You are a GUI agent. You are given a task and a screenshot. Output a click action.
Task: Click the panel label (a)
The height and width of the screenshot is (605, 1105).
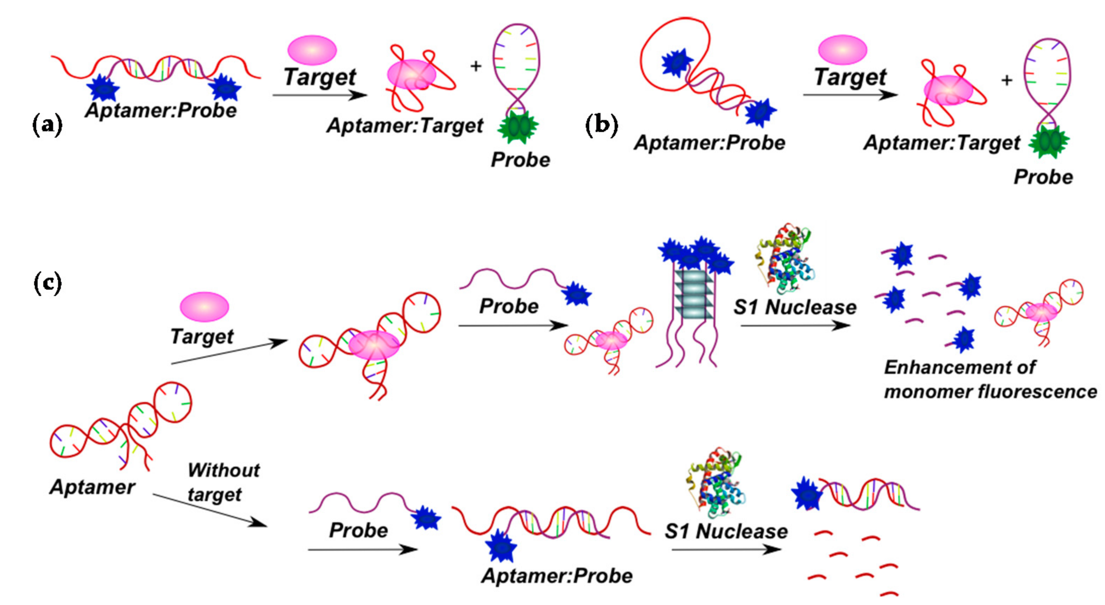click(47, 125)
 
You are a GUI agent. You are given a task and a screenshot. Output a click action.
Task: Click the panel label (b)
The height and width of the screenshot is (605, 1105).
click(602, 125)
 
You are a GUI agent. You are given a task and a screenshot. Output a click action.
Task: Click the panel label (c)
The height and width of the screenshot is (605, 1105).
click(47, 283)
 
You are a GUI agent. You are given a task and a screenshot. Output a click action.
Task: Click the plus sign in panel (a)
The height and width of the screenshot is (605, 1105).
click(476, 66)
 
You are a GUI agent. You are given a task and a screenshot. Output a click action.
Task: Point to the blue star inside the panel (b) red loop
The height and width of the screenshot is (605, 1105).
click(677, 63)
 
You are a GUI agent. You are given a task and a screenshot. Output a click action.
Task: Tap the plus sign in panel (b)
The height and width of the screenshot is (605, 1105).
click(1007, 80)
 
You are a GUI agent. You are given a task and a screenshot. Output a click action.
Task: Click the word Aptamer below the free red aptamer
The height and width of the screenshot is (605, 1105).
click(92, 487)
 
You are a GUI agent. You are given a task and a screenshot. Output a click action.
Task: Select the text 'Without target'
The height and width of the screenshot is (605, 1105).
click(223, 482)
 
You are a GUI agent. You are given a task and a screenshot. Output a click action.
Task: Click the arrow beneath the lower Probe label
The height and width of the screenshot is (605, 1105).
click(362, 550)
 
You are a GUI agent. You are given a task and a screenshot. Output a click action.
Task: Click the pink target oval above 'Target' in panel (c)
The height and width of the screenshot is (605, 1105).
click(204, 307)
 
